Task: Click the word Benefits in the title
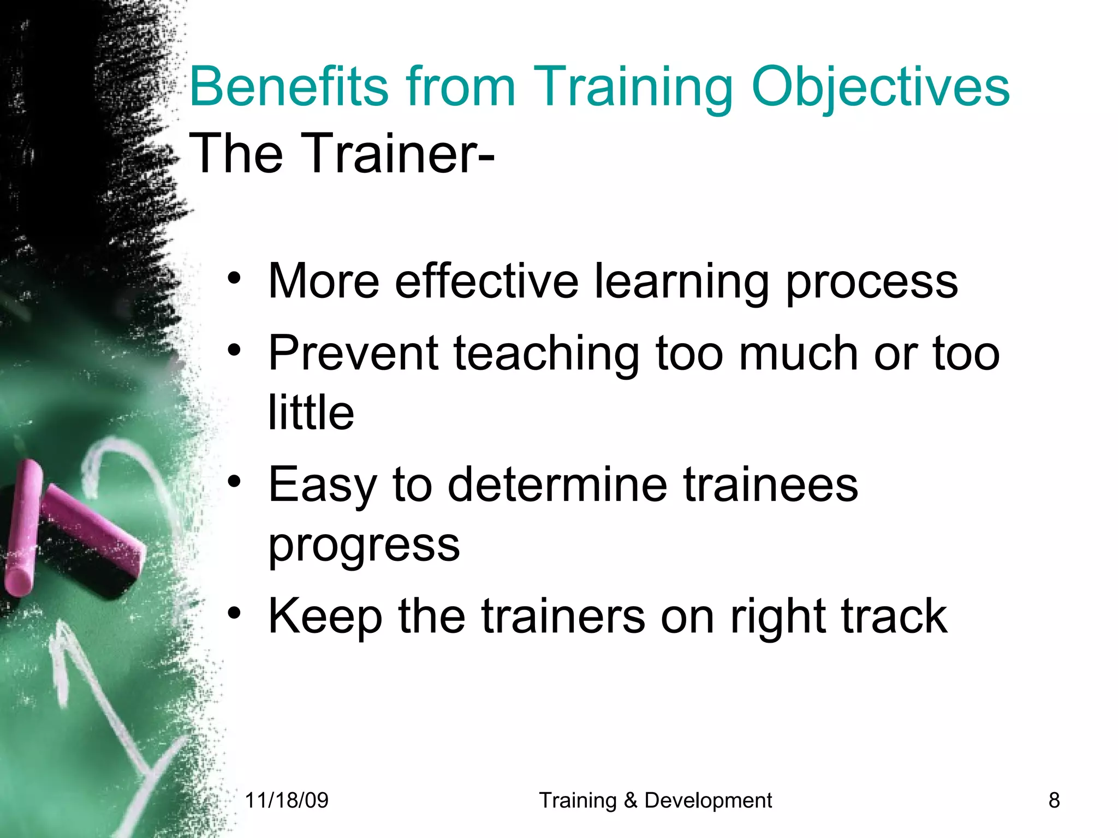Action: pos(288,87)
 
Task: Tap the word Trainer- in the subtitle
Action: pos(397,154)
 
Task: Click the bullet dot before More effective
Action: pos(234,278)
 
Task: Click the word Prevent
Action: pos(354,353)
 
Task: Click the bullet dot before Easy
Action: pos(234,481)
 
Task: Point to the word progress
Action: pos(364,546)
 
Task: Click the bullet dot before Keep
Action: pos(234,613)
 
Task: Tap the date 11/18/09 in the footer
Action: pos(287,800)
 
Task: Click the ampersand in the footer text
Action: pos(630,800)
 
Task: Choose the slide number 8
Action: pos(1054,800)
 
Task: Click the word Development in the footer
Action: pos(708,800)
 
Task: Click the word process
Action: pos(871,282)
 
